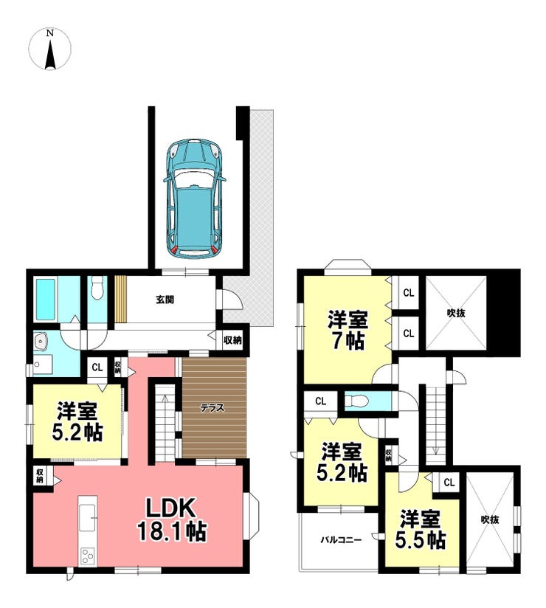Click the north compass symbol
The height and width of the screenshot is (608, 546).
click(x=50, y=49)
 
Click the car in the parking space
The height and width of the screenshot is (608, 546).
click(x=195, y=198)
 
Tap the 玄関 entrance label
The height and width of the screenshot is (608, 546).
click(x=165, y=300)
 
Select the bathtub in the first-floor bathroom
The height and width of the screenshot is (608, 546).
click(x=45, y=300)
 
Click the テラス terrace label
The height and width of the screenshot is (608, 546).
click(x=212, y=408)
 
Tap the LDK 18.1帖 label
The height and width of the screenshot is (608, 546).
click(x=171, y=520)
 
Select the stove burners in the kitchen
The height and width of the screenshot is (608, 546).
click(x=88, y=556)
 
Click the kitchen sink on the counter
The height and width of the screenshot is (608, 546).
click(x=88, y=518)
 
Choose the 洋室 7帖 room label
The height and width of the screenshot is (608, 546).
click(x=348, y=330)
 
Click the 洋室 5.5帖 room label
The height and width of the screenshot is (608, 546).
click(x=421, y=530)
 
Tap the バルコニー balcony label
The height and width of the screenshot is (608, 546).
click(x=341, y=540)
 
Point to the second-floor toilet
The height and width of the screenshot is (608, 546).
click(x=356, y=401)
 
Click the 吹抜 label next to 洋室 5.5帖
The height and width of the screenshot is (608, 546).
click(x=490, y=519)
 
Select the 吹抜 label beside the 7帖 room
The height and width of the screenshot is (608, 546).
click(x=456, y=313)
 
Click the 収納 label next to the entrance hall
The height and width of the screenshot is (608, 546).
click(x=232, y=340)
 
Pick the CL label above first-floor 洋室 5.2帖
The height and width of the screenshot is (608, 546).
click(x=97, y=367)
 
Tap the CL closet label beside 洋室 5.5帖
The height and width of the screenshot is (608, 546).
click(x=449, y=483)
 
